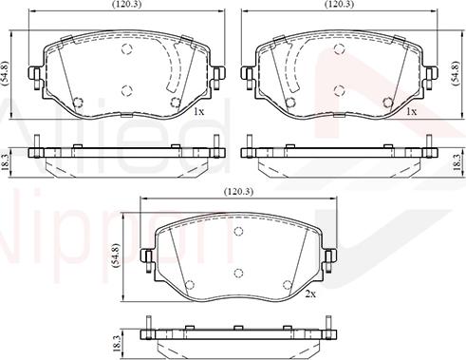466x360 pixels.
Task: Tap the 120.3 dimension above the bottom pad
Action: click(237, 192)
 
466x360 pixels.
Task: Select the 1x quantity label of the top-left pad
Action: click(198, 111)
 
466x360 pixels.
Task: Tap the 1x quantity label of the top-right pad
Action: click(411, 111)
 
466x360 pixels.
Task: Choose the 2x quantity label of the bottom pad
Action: click(310, 294)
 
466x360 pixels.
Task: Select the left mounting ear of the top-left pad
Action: click(34, 72)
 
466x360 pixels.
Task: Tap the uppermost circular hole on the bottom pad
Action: click(237, 232)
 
